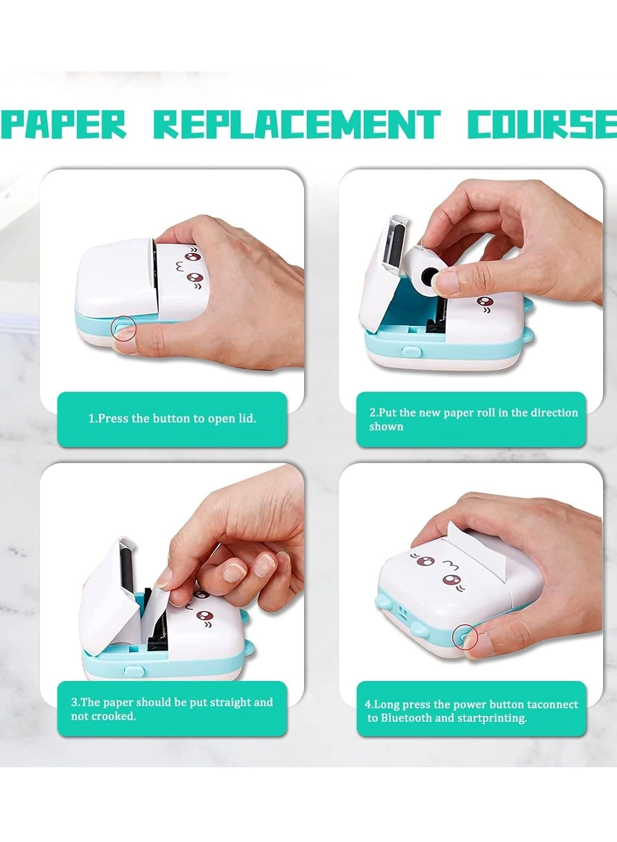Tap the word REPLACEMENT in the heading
click(297, 125)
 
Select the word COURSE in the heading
click(542, 125)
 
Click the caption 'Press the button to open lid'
click(172, 419)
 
